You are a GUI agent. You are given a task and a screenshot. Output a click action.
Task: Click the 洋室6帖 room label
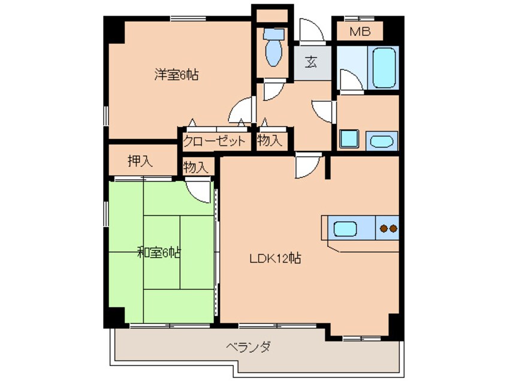click(x=176, y=75)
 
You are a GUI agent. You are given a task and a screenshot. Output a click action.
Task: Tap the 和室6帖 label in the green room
click(x=159, y=252)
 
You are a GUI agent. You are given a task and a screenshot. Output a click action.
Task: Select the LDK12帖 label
click(x=276, y=258)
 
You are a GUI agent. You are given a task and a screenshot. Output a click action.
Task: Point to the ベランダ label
click(x=248, y=347)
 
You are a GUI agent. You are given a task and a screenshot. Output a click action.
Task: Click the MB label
click(x=360, y=31)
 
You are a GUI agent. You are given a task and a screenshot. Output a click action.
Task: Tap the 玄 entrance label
click(x=311, y=62)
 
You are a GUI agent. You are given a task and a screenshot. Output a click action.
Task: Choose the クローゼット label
click(x=214, y=141)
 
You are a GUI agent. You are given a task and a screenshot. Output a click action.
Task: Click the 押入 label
click(x=140, y=161)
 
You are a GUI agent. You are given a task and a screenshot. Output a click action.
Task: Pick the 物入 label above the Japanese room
click(x=195, y=167)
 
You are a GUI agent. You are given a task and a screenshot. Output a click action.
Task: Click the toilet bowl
click(x=273, y=48)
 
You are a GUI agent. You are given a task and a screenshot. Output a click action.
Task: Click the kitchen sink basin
click(x=345, y=229)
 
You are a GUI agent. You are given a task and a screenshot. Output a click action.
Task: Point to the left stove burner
click(x=384, y=229)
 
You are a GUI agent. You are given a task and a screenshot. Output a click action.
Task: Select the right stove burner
click(x=393, y=229)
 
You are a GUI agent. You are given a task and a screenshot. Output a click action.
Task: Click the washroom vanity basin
click(x=382, y=141)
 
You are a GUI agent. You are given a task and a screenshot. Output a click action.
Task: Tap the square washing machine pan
click(x=349, y=139)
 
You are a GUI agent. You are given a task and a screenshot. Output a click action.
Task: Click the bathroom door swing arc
click(x=351, y=81)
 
